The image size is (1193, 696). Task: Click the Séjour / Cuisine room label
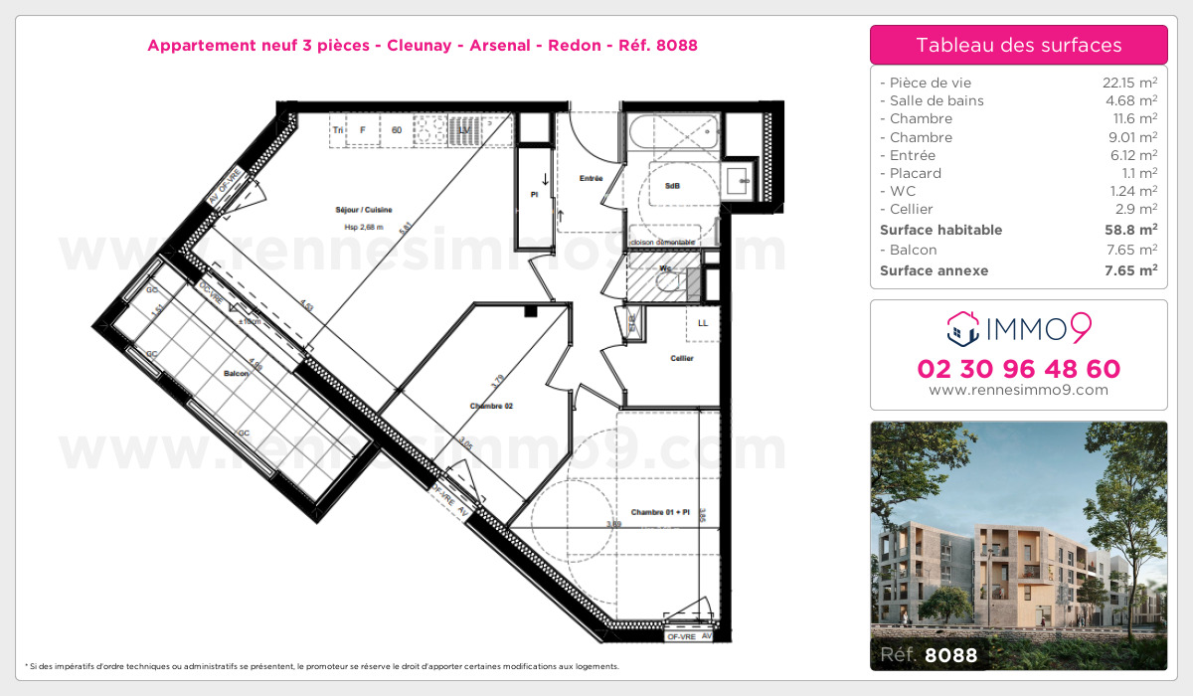pos(363,210)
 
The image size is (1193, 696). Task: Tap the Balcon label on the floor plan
pos(236,374)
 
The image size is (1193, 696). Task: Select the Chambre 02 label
pos(491,406)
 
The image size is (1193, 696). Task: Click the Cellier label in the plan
pos(681,358)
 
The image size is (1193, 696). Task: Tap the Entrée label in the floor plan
pos(592,179)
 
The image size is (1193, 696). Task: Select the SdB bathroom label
pos(672,187)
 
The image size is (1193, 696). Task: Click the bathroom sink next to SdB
pos(738,181)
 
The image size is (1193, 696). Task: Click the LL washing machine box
pos(703,323)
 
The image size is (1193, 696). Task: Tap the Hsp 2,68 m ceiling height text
pos(363,226)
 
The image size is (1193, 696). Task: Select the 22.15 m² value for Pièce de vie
pos(1122,83)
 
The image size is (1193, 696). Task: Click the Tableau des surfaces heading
pos(1018,45)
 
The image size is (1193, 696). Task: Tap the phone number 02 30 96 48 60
pos(1018,369)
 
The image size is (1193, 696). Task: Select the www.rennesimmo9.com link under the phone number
pos(1018,390)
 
